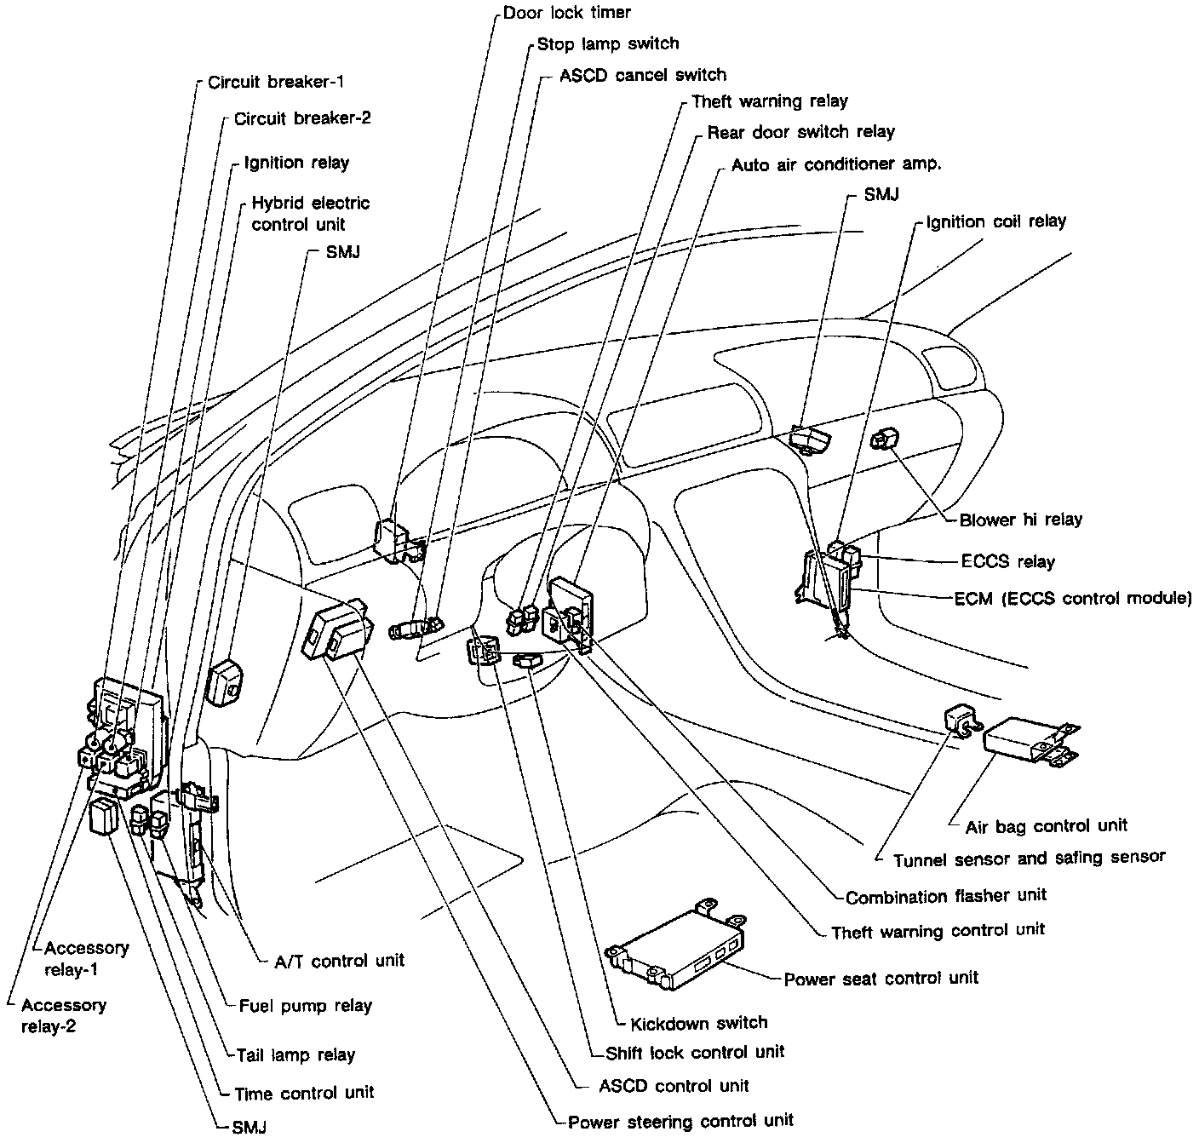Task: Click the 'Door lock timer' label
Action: [x=566, y=13]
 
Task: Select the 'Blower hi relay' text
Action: [x=1020, y=520]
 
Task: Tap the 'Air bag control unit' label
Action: [x=1046, y=825]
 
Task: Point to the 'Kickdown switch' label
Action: [x=698, y=1023]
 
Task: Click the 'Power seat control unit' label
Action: [x=881, y=978]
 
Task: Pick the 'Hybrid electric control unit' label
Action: [x=310, y=213]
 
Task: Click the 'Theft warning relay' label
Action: [x=770, y=101]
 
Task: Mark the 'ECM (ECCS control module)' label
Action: [x=1073, y=598]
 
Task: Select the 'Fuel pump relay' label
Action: [x=305, y=1005]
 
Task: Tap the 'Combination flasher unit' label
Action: [x=945, y=895]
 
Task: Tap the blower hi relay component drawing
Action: [x=882, y=439]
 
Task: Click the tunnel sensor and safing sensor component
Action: [x=959, y=721]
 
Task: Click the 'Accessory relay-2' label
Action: [x=63, y=1015]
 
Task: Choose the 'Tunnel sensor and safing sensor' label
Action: [x=1029, y=859]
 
